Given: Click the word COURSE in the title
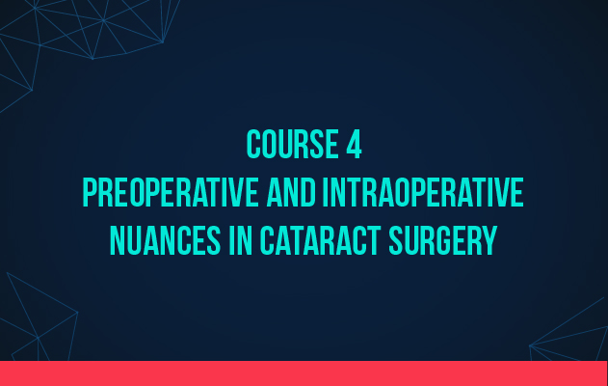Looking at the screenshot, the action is [x=292, y=145].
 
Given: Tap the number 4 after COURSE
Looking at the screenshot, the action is [x=354, y=145].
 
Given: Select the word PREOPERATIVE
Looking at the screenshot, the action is [x=171, y=192].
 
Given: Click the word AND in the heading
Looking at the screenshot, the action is [x=291, y=192].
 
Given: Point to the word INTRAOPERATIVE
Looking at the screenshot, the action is [x=423, y=192].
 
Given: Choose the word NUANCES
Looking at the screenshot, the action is [x=165, y=240].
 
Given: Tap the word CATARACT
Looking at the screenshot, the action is [x=320, y=240].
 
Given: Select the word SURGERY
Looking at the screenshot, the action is [x=443, y=240].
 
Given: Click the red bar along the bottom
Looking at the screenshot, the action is [x=304, y=373].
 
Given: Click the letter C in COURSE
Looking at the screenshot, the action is [x=253, y=145].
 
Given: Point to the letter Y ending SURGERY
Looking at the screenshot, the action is [x=489, y=240].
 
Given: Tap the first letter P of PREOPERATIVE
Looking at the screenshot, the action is [x=90, y=192].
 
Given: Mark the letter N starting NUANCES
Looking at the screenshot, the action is [x=118, y=240].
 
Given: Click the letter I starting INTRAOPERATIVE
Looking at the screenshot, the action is [x=325, y=192].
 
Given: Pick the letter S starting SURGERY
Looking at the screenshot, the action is [x=395, y=240].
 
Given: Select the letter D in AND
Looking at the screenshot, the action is [x=308, y=192].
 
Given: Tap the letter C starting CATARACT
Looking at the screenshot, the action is [x=266, y=240].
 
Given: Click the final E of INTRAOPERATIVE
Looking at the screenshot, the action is [x=518, y=192].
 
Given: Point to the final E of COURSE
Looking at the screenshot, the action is [x=332, y=145].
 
